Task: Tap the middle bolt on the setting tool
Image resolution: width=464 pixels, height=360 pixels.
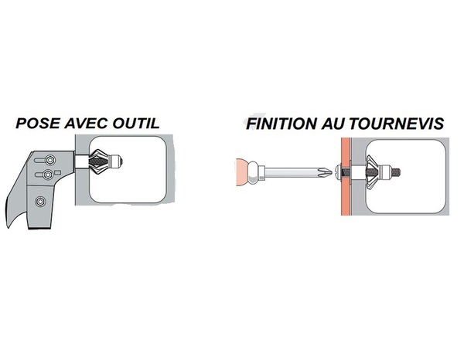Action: [x=47, y=175]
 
